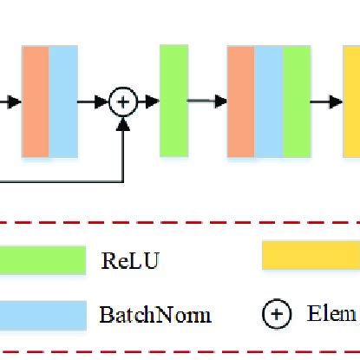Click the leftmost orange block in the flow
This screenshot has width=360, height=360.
36,101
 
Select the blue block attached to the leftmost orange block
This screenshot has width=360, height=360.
62,101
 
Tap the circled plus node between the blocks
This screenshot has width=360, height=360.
124,101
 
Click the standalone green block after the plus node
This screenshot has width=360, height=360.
174,101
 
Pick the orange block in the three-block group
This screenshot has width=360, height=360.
240,101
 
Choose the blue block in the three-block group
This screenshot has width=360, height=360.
269,101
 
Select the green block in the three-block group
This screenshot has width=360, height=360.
297,101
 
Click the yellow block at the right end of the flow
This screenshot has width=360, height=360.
351,101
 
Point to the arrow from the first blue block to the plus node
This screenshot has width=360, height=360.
94,101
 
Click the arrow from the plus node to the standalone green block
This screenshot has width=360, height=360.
147,101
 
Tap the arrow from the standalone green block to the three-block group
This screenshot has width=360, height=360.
207,101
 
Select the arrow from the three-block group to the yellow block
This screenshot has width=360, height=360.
327,101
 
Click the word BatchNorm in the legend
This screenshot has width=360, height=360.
155,314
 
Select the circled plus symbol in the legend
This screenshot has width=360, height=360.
277,314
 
